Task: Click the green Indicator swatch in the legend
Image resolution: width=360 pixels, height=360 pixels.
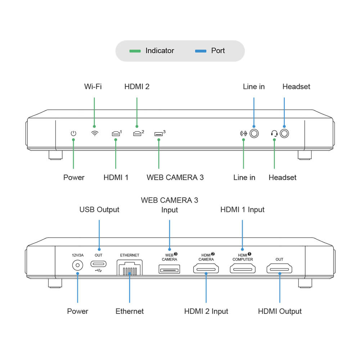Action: pyautogui.click(x=135, y=51)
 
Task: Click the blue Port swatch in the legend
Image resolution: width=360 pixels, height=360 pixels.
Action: pyautogui.click(x=201, y=51)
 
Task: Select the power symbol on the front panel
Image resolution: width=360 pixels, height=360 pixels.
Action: pyautogui.click(x=73, y=134)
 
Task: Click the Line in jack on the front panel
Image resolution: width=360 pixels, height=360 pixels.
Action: pyautogui.click(x=254, y=134)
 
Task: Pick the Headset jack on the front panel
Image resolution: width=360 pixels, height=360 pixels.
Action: pyautogui.click(x=284, y=134)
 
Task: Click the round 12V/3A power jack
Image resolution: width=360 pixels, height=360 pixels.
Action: pyautogui.click(x=77, y=266)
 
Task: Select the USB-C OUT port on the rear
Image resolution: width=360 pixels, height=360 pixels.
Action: pyautogui.click(x=98, y=264)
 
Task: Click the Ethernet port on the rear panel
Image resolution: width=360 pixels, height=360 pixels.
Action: pyautogui.click(x=130, y=268)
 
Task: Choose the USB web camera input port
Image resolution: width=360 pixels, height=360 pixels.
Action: pyautogui.click(x=169, y=269)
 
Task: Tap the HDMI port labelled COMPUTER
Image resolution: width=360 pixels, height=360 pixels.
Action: pyautogui.click(x=242, y=268)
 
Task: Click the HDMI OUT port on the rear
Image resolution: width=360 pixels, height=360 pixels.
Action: pyautogui.click(x=279, y=268)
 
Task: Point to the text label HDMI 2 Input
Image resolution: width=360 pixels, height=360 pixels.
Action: pyautogui.click(x=206, y=311)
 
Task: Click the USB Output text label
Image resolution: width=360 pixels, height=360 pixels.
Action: pyautogui.click(x=99, y=210)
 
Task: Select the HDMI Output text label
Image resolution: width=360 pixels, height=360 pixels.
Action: pyautogui.click(x=280, y=311)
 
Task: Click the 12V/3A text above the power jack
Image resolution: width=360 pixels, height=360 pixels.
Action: pyautogui.click(x=77, y=255)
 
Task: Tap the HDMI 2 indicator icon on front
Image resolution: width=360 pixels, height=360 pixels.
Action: pyautogui.click(x=137, y=134)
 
